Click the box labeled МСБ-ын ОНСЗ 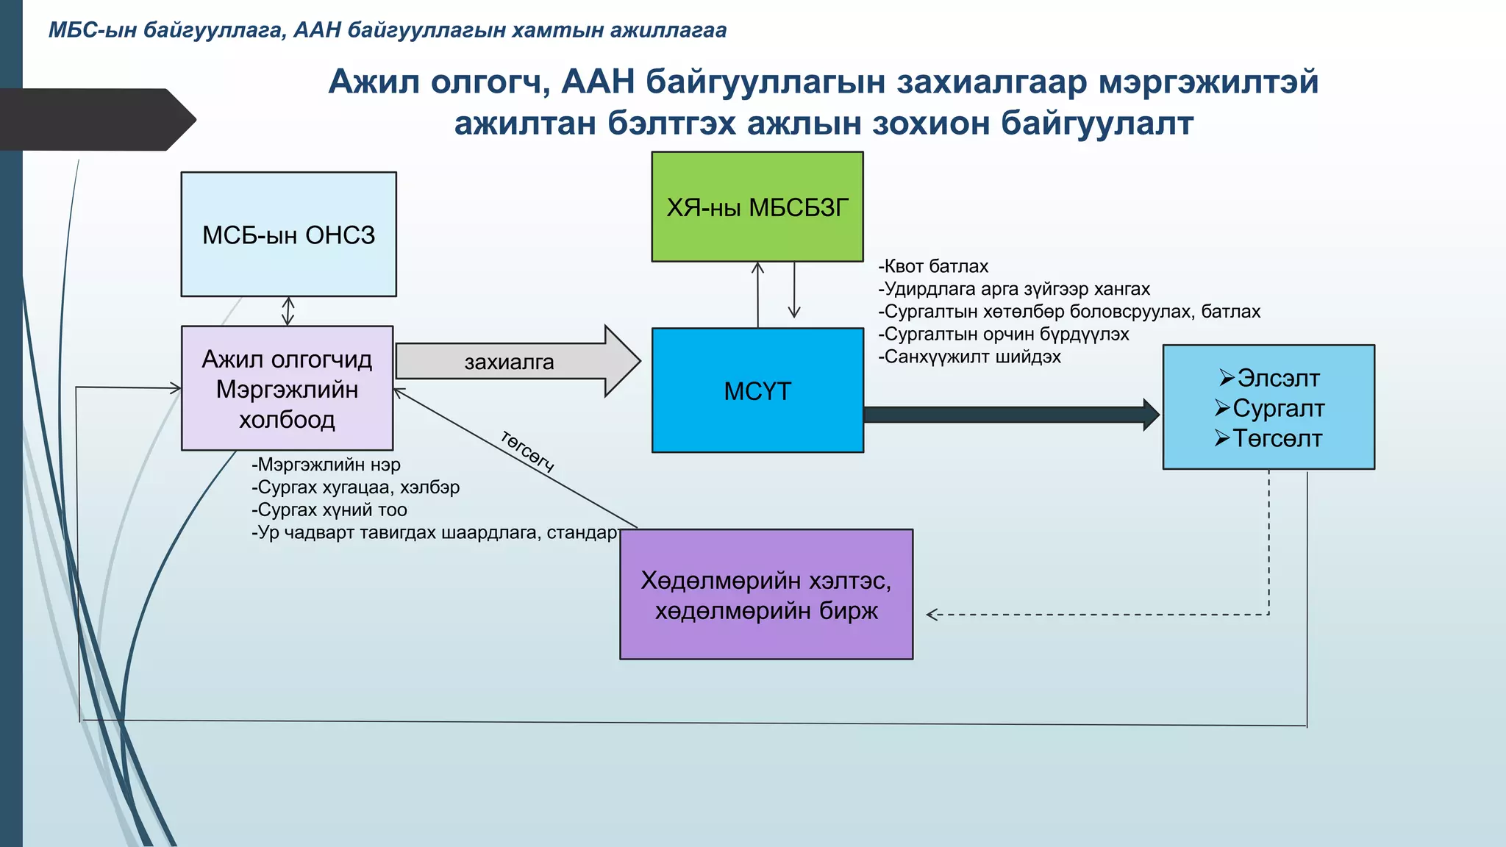click(x=288, y=235)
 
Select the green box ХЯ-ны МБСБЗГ click(x=757, y=207)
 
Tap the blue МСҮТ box click(x=757, y=390)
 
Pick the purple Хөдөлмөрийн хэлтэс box click(x=766, y=595)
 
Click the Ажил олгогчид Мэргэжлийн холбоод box click(x=287, y=389)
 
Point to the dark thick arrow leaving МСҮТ click(x=1007, y=415)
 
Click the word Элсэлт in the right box click(x=1278, y=378)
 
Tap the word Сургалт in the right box click(x=1278, y=408)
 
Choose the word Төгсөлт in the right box click(x=1277, y=439)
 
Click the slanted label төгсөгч click(x=527, y=450)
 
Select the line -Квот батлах click(x=933, y=266)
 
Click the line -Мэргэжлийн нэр click(x=326, y=465)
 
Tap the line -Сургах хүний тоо click(x=329, y=510)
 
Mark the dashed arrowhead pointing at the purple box click(x=932, y=615)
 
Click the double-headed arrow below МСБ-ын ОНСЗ click(x=288, y=311)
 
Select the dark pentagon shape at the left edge click(x=96, y=119)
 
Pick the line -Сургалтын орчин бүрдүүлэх click(x=1003, y=335)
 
